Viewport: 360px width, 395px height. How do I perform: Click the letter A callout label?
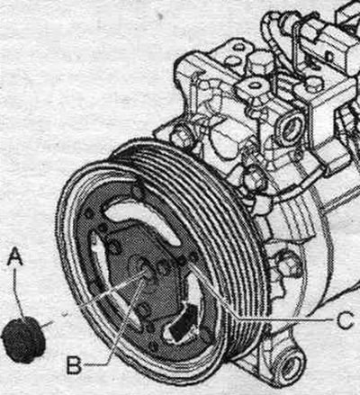click(15, 256)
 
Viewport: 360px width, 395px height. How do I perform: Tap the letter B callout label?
click(74, 364)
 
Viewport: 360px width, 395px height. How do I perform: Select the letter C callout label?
click(345, 320)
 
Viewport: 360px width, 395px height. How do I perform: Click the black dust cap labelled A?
click(23, 339)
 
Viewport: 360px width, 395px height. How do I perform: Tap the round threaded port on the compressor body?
click(291, 130)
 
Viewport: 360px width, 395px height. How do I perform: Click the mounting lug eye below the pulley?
click(289, 365)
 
